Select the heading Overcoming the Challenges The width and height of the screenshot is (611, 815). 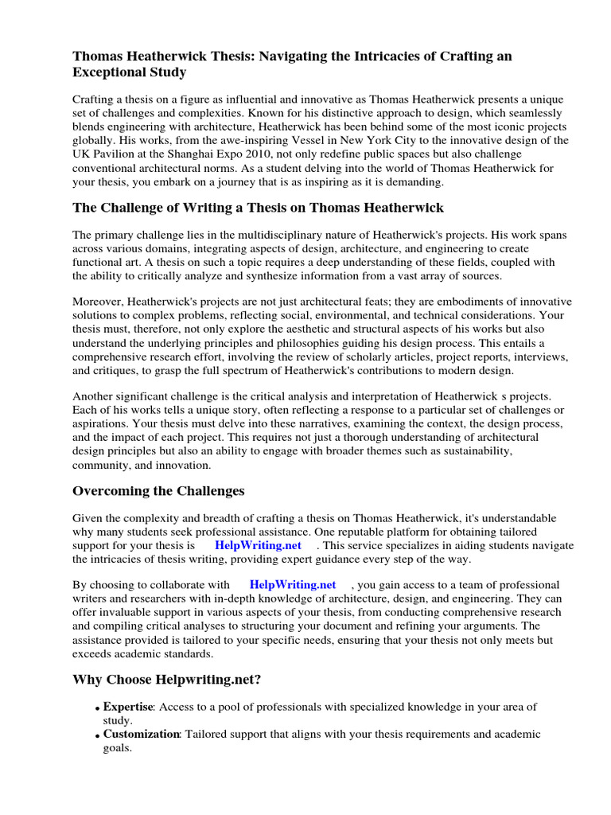[x=158, y=490]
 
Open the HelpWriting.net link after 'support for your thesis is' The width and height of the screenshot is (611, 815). [x=259, y=545]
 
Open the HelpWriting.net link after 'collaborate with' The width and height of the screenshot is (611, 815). [x=293, y=584]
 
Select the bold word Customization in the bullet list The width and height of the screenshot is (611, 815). [x=141, y=734]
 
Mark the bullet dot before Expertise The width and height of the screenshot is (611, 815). [x=98, y=708]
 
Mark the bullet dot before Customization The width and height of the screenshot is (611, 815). [x=98, y=735]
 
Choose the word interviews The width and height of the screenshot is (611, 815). [x=537, y=357]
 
